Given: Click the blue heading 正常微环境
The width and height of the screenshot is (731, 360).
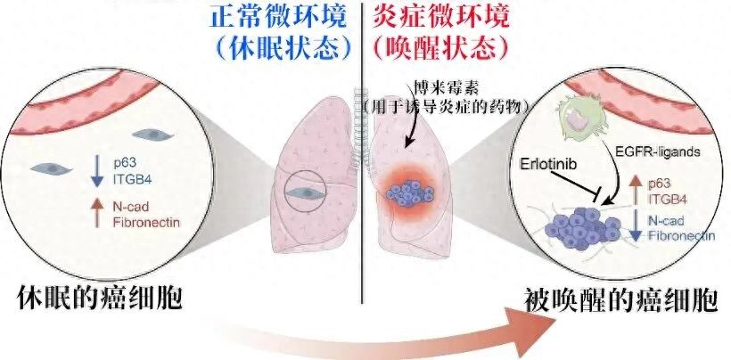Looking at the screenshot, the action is point(278,18).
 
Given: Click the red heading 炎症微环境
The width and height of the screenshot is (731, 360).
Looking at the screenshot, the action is point(441,18).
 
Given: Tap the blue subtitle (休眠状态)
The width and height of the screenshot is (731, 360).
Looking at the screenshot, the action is point(283,47).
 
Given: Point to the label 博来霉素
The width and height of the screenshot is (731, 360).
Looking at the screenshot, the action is point(447,87).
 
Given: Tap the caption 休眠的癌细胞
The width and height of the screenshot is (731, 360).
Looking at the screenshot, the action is point(99,299).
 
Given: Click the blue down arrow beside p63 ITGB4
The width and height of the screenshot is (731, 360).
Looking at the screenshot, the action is point(97,170).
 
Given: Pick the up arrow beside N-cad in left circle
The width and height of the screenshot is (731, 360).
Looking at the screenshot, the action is point(97,212).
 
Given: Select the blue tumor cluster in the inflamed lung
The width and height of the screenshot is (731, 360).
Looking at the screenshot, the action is point(410,193).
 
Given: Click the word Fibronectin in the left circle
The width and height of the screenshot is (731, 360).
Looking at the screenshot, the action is point(146,222).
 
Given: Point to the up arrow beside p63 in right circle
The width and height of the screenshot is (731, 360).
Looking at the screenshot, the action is point(635,192).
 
